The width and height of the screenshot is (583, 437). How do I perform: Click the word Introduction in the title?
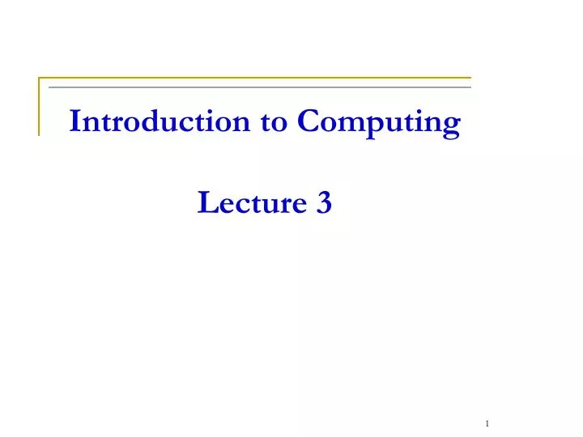point(160,122)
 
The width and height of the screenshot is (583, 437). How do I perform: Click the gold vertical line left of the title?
point(39,106)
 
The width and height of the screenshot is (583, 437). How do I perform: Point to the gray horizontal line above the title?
point(259,87)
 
